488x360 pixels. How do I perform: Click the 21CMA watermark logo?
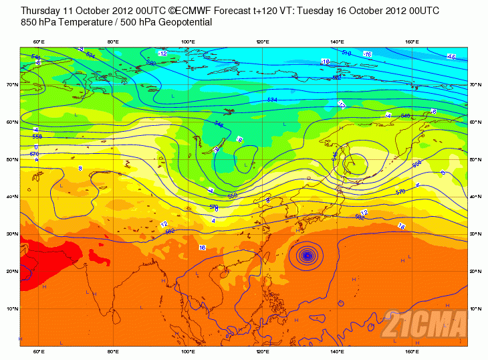424,326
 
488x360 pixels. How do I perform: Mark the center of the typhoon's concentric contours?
307,254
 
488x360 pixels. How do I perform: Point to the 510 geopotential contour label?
346,53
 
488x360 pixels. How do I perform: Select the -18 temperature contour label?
326,62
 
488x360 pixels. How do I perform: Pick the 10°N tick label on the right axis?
474,308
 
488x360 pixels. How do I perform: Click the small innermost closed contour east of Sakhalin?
354,162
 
